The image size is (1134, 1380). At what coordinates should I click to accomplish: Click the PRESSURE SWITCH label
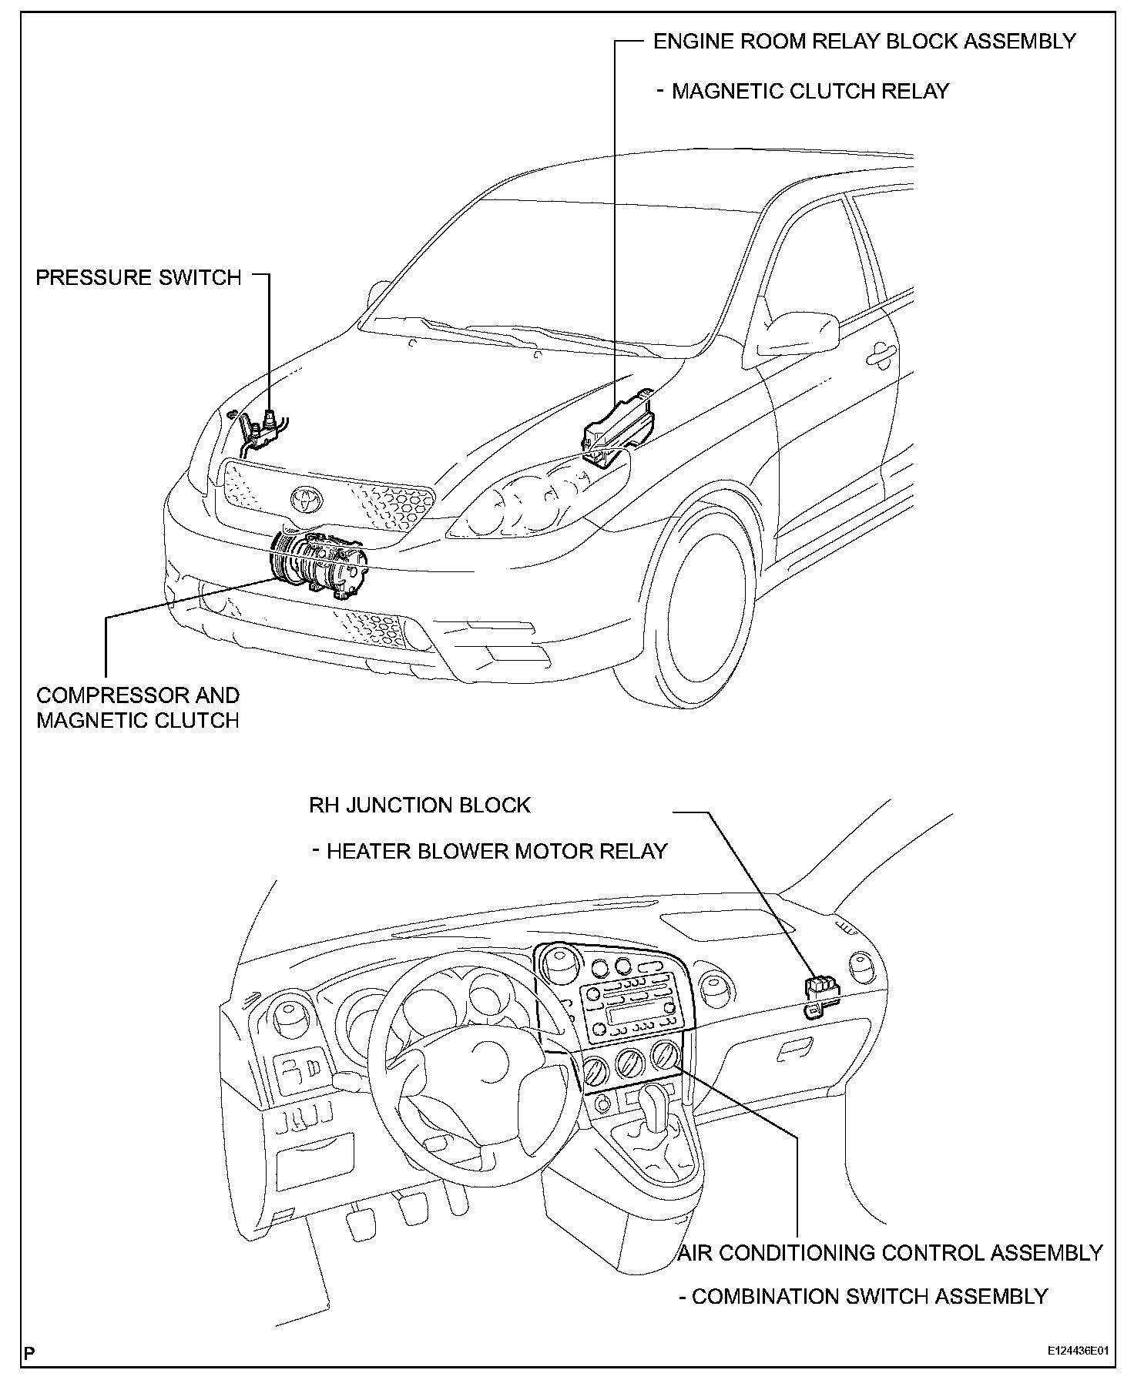coord(139,277)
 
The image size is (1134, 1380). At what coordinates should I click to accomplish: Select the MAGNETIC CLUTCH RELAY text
coord(810,91)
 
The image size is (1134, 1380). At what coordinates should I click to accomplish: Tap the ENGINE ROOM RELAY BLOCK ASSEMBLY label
coord(864,41)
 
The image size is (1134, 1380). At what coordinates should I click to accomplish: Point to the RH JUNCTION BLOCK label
coord(420,806)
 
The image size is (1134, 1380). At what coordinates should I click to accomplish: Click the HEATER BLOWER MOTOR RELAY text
coord(496,851)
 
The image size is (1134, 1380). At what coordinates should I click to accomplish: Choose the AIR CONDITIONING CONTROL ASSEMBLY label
coord(891,1253)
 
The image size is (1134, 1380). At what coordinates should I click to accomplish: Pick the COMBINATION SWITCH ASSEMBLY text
coord(869,1297)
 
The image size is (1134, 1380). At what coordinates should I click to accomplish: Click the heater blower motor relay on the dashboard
coord(821,993)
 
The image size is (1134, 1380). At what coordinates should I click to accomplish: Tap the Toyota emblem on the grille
coord(307,500)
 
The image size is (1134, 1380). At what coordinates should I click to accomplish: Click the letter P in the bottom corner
coord(30,1352)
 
